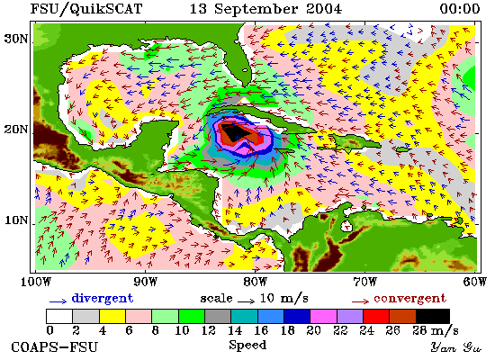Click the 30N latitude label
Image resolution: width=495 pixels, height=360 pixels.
pyautogui.click(x=15, y=40)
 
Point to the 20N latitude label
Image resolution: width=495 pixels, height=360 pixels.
pyautogui.click(x=15, y=130)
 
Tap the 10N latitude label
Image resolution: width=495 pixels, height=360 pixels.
pyautogui.click(x=15, y=220)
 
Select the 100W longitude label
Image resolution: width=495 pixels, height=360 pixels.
pyautogui.click(x=36, y=282)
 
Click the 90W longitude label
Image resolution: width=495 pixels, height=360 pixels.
pyautogui.click(x=145, y=282)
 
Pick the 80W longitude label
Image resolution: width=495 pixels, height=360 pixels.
pyautogui.click(x=255, y=282)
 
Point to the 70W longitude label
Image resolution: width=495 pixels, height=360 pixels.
pyautogui.click(x=364, y=282)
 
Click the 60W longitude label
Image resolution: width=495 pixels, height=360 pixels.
pyautogui.click(x=475, y=282)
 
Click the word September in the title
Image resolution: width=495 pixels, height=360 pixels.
pyautogui.click(x=256, y=10)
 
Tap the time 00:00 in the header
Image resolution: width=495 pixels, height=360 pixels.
pyautogui.click(x=460, y=9)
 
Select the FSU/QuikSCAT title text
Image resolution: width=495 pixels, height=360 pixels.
pyautogui.click(x=86, y=9)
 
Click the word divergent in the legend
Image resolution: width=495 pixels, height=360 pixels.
pyautogui.click(x=103, y=298)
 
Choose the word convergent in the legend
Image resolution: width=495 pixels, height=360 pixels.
pyautogui.click(x=410, y=299)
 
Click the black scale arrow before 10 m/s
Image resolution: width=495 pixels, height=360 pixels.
pyautogui.click(x=247, y=301)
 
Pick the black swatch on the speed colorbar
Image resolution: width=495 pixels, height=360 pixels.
pyautogui.click(x=433, y=316)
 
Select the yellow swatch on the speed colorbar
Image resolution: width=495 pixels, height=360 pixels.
pyautogui.click(x=112, y=316)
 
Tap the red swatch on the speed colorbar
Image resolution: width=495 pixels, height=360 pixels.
pyautogui.click(x=376, y=316)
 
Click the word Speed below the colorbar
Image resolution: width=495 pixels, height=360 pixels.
pyautogui.click(x=247, y=346)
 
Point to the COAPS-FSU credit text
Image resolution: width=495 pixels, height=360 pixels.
pyautogui.click(x=54, y=347)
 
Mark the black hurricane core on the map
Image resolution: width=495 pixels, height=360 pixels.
pyautogui.click(x=234, y=133)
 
